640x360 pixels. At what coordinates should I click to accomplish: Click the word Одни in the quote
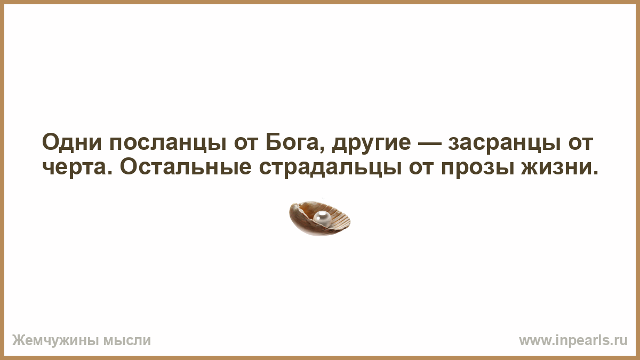coord(72,142)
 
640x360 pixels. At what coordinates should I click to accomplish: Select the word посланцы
coord(168,143)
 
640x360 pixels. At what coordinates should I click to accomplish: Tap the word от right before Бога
coord(246,143)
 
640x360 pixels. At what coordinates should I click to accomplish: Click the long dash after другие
coord(429,143)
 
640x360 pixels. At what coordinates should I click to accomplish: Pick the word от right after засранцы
coord(581,143)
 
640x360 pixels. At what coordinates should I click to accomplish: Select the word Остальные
coord(186,166)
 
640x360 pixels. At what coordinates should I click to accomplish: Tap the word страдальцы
coord(330,169)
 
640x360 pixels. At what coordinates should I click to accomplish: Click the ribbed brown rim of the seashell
coord(341,218)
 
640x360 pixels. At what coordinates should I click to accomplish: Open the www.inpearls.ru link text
coord(573,340)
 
